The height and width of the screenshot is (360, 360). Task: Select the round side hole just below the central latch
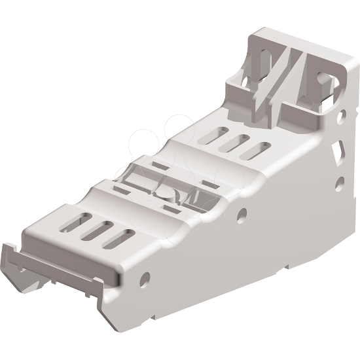(242, 214)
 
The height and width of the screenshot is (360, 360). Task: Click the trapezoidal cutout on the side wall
(336, 153)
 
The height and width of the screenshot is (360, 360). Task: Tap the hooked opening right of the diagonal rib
(323, 83)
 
